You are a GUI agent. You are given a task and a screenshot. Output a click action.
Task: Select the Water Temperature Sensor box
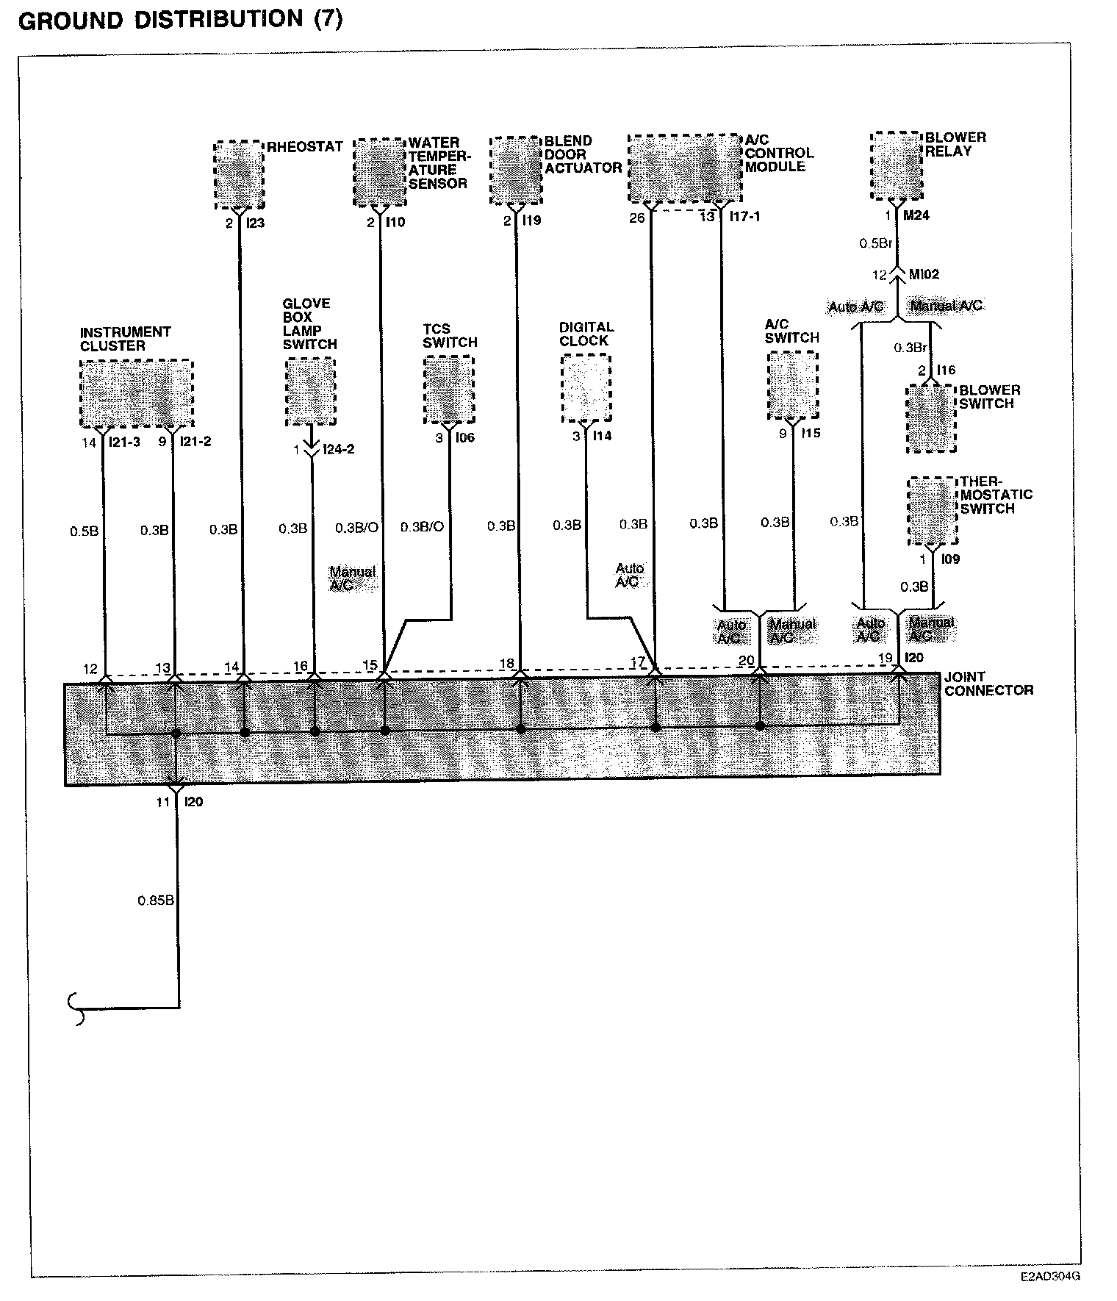[379, 172]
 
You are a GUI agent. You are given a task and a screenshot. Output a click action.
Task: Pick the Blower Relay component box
[897, 165]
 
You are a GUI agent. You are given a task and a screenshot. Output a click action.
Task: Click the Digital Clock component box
[586, 388]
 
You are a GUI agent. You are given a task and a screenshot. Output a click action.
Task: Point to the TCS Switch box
[448, 390]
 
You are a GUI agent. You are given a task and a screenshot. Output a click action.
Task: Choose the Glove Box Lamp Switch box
[310, 392]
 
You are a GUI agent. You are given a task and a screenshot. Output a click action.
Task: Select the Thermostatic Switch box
[932, 511]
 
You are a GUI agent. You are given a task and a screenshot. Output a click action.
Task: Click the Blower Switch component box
[931, 417]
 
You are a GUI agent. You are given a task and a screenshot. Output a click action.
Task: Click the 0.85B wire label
[155, 900]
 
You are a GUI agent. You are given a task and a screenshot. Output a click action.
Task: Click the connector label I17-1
[744, 218]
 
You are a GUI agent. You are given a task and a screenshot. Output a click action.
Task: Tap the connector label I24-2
[339, 449]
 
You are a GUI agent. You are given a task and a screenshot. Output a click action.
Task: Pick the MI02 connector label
[924, 275]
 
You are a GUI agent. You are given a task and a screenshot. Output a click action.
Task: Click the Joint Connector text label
[988, 684]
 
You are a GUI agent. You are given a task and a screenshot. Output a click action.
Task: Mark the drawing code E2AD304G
[1049, 1277]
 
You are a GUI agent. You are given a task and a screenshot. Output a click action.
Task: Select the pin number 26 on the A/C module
[636, 218]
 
